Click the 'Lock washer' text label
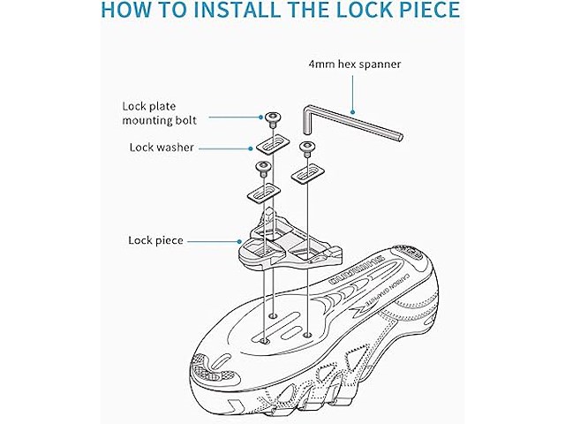point(162,147)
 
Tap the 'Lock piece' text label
point(155,239)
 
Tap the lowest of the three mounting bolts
point(262,165)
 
